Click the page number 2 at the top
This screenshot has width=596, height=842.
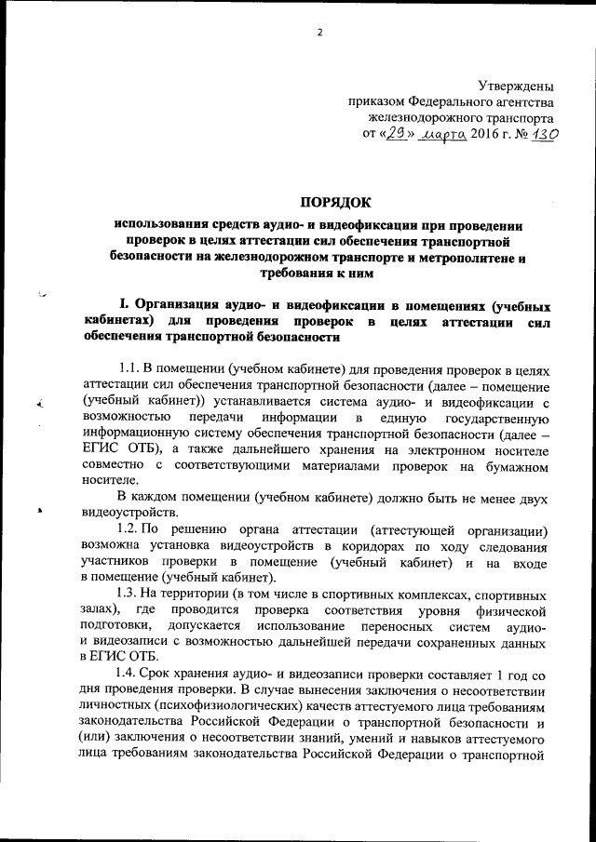(x=319, y=33)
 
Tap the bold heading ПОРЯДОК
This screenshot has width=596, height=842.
(x=334, y=201)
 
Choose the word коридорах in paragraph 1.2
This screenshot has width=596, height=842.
(x=386, y=546)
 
